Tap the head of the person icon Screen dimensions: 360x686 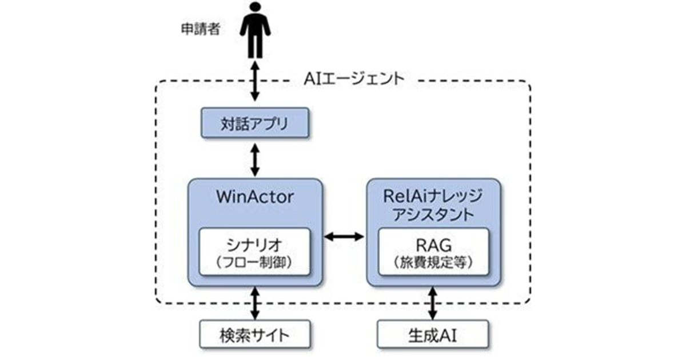(255, 10)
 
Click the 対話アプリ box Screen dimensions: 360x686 (255, 123)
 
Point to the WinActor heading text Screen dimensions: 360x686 (255, 198)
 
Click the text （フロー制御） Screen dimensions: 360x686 (255, 263)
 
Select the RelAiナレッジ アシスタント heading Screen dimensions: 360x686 (434, 206)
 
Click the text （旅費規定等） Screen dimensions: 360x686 (434, 263)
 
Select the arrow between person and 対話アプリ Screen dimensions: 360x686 (255, 83)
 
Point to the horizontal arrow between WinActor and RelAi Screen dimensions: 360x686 (344, 235)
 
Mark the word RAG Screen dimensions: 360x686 (434, 245)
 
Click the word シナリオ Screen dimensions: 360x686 (255, 245)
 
